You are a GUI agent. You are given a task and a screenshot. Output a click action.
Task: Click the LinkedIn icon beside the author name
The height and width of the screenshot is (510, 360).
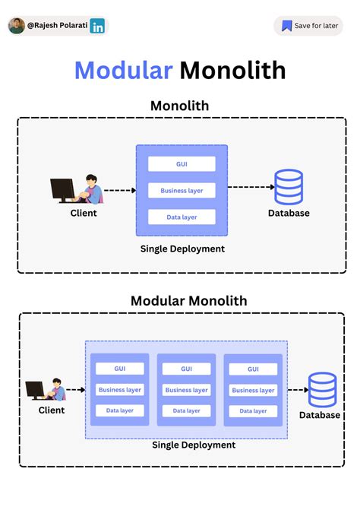tap(97, 26)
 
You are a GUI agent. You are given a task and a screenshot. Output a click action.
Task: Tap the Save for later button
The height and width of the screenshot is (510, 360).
tap(308, 26)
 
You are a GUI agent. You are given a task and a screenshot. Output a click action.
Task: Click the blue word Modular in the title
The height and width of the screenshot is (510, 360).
tap(123, 71)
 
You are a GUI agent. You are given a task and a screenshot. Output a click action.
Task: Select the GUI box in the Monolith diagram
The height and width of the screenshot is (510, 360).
tap(182, 163)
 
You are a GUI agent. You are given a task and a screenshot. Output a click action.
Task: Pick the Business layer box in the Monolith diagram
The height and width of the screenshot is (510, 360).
tap(182, 190)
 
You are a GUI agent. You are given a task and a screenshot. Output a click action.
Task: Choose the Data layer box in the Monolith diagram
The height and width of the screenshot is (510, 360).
tap(182, 217)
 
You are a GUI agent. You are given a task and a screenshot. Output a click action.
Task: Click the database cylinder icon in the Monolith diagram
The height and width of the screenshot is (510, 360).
tap(289, 187)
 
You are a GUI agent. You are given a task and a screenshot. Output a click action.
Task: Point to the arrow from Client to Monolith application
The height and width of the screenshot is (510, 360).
tap(118, 190)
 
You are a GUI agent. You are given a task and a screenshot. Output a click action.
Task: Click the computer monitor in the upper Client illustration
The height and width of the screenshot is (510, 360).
tap(62, 188)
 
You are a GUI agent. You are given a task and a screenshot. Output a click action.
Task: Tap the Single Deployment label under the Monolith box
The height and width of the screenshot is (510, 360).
tap(182, 249)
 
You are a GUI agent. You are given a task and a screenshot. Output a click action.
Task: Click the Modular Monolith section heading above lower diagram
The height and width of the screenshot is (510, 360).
tap(188, 300)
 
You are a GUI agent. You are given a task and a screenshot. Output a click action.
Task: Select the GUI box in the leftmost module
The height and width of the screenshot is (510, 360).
tap(120, 369)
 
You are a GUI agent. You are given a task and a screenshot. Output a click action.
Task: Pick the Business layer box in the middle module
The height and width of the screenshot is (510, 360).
tap(186, 390)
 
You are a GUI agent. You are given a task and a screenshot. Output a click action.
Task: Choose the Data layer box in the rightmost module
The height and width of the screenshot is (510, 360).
tap(253, 411)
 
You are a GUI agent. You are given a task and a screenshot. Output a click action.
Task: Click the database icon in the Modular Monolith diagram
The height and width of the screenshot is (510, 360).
tap(322, 389)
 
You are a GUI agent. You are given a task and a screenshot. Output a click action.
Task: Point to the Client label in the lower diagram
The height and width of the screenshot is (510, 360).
tap(52, 410)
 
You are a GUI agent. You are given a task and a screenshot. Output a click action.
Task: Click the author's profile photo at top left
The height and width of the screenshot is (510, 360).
tap(17, 26)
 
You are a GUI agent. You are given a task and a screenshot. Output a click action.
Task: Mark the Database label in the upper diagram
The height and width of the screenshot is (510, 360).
tap(289, 214)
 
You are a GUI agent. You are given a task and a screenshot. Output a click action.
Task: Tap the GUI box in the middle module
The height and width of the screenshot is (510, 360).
tap(186, 369)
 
